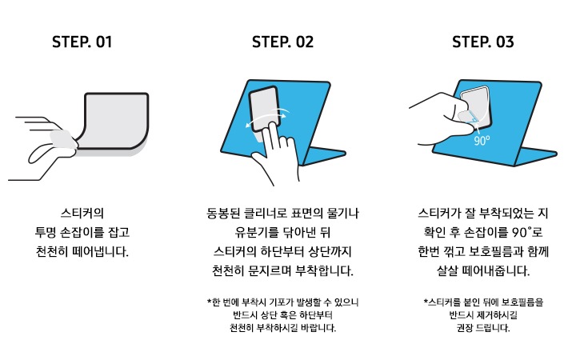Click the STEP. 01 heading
pyautogui.click(x=82, y=42)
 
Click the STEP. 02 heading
pyautogui.click(x=282, y=42)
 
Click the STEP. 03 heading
pyautogui.click(x=483, y=42)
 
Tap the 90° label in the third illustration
pyautogui.click(x=481, y=140)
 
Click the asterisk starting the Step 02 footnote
pyautogui.click(x=208, y=302)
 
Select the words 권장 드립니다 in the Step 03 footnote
pyautogui.click(x=482, y=328)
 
